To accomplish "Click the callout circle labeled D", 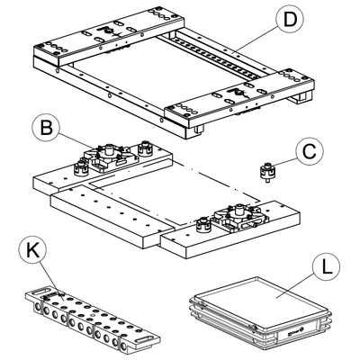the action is click(x=290, y=20).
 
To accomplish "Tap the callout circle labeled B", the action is click(x=47, y=127).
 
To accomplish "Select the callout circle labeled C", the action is click(x=310, y=151).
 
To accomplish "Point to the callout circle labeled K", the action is click(x=32, y=250).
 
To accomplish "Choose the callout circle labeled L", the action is click(x=327, y=267).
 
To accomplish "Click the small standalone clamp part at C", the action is click(x=266, y=172).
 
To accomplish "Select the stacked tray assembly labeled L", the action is click(x=260, y=313).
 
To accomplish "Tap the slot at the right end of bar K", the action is click(x=146, y=339).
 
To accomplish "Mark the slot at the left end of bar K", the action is click(x=41, y=291).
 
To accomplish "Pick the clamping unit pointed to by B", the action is click(x=109, y=157).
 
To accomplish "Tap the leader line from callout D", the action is click(x=255, y=38).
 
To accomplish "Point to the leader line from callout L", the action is click(x=296, y=286).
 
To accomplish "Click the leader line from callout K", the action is click(x=49, y=281).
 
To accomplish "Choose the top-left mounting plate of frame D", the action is click(x=109, y=34).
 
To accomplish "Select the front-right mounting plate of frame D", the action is click(x=239, y=98).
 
